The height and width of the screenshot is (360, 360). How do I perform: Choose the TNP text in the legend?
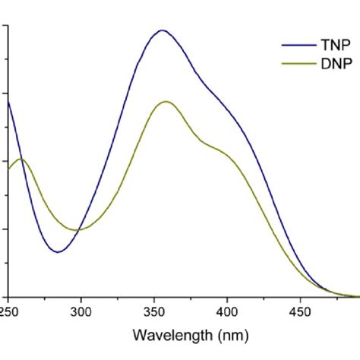coord(330,45)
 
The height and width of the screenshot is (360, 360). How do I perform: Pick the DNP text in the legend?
coord(330,65)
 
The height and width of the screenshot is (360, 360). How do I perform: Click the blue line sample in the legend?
coord(298,45)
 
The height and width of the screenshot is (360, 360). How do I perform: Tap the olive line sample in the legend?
coord(298,65)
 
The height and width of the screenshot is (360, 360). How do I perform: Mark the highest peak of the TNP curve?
coord(161,31)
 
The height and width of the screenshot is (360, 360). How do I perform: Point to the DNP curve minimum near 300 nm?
coord(77,229)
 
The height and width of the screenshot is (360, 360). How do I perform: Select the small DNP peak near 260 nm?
coord(22,159)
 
